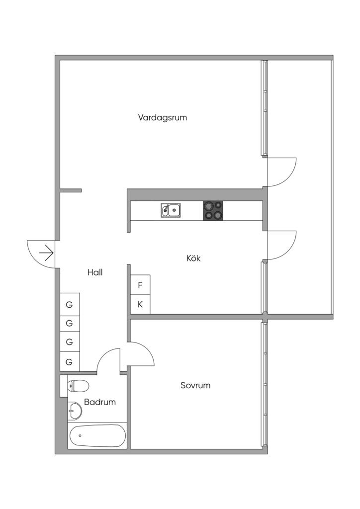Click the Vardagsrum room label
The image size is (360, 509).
coord(163,118)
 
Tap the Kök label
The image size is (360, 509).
coord(193,258)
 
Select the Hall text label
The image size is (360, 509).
coord(95,272)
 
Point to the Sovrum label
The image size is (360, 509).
coord(195,385)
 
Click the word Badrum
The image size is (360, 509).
coord(100,402)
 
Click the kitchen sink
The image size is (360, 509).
coord(171,211)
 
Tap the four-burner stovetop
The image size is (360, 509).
coord(213,210)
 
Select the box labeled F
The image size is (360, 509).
coord(140,285)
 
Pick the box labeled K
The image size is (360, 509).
coord(140,304)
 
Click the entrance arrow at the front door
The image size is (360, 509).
coord(46,253)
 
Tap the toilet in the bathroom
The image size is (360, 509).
coord(78,385)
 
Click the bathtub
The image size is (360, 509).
coord(97,436)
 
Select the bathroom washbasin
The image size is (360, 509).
coord(74,411)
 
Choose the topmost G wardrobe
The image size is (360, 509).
coord(70,304)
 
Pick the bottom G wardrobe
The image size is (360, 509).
coord(70,361)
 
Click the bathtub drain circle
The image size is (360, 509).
coord(80,436)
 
